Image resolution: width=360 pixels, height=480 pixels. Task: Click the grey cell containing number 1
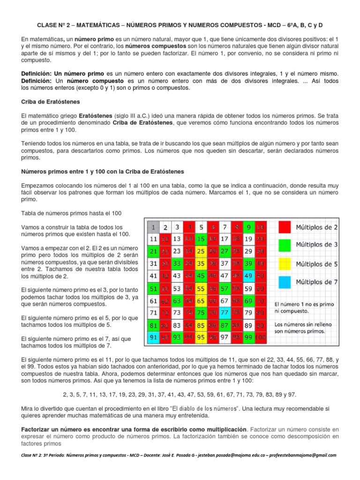pyautogui.click(x=153, y=227)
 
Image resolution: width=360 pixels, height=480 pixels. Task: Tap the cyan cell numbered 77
pyautogui.click(x=225, y=312)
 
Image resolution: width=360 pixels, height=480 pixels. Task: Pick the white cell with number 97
pyautogui.click(x=225, y=337)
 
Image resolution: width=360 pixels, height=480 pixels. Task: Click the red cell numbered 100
pyautogui.click(x=261, y=337)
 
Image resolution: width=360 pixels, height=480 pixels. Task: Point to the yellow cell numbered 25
pyautogui.click(x=201, y=251)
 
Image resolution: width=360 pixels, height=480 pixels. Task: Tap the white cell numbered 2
pyautogui.click(x=165, y=227)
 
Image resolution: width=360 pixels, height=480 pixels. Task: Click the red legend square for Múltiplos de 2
pyautogui.click(x=285, y=227)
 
